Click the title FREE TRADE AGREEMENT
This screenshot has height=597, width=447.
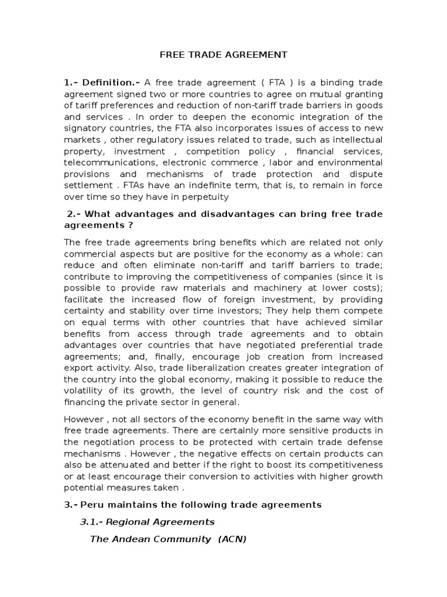223,55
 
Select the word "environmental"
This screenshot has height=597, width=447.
349,162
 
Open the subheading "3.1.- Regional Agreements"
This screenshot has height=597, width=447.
147,522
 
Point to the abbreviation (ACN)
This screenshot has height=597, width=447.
232,539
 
